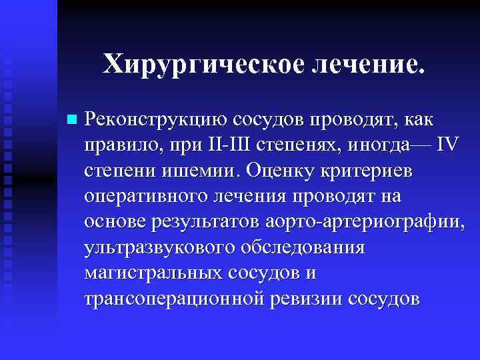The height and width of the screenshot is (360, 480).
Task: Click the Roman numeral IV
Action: coord(447,145)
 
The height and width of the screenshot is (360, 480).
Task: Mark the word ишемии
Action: coord(199,171)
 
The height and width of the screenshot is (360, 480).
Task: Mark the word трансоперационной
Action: coord(171,297)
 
